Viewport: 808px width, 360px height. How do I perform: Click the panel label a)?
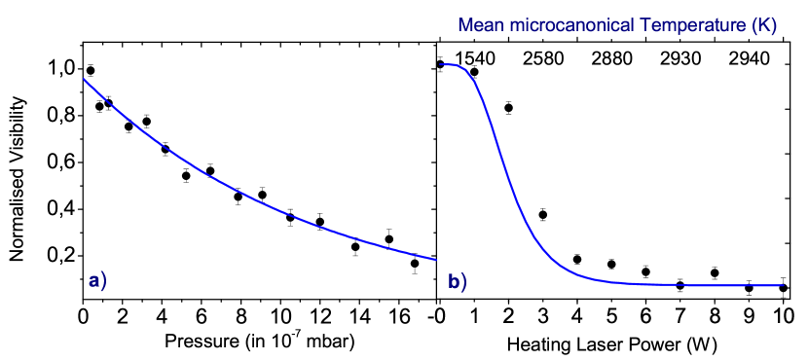coord(97,282)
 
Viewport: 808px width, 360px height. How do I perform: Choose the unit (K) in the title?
coord(763,26)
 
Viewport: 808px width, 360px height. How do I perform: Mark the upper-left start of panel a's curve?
coord(84,79)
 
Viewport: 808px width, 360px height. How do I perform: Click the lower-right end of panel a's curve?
coord(436,260)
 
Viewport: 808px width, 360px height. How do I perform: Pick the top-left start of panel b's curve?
coord(441,65)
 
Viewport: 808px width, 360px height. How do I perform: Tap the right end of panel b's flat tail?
coord(783,285)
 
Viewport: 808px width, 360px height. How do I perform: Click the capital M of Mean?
coord(465,26)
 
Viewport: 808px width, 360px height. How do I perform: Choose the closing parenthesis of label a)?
coord(103,282)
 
